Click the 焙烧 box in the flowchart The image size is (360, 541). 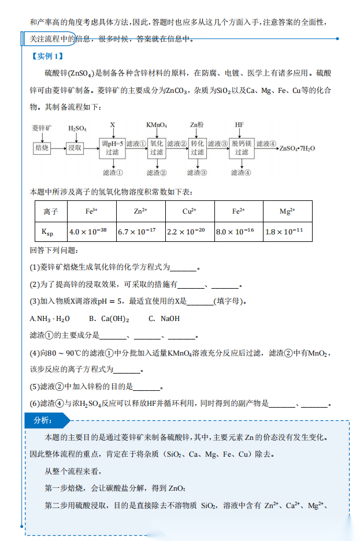tap(42, 148)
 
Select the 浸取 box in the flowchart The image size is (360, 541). tap(75, 148)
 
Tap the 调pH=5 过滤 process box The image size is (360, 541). tap(113, 148)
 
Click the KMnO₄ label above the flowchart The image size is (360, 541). tap(157, 125)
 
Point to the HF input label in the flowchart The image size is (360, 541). tap(239, 125)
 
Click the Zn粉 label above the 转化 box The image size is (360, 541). tap(196, 125)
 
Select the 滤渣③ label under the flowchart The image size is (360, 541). tap(198, 172)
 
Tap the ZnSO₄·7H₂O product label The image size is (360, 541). tap(297, 148)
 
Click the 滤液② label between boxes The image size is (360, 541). tap(177, 144)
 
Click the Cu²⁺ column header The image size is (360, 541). tap(190, 211)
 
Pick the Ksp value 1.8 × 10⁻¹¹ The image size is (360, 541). tap(287, 232)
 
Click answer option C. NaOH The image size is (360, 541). tap(164, 318)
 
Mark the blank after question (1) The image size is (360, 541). tap(184, 268)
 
